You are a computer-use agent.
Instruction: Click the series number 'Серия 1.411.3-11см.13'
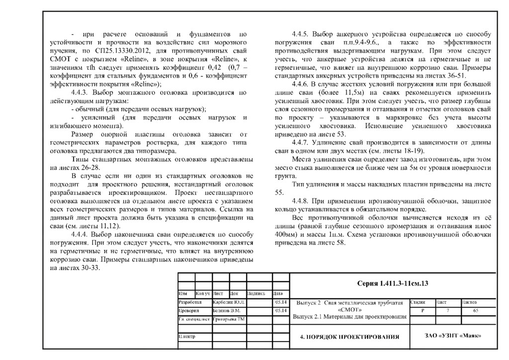coord(393,284)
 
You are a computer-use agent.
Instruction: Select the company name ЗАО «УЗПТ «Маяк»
coord(453,336)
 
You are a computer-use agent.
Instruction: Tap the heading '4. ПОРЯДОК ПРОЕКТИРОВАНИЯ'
coord(350,337)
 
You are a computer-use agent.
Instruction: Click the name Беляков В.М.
coord(227,310)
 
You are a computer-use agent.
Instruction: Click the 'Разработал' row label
coord(190,302)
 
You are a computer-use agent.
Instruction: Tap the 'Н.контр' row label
coord(187,337)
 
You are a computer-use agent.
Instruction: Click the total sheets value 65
coord(476,310)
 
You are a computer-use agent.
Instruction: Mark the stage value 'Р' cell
coord(423,310)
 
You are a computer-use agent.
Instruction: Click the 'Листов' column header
coord(470,302)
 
